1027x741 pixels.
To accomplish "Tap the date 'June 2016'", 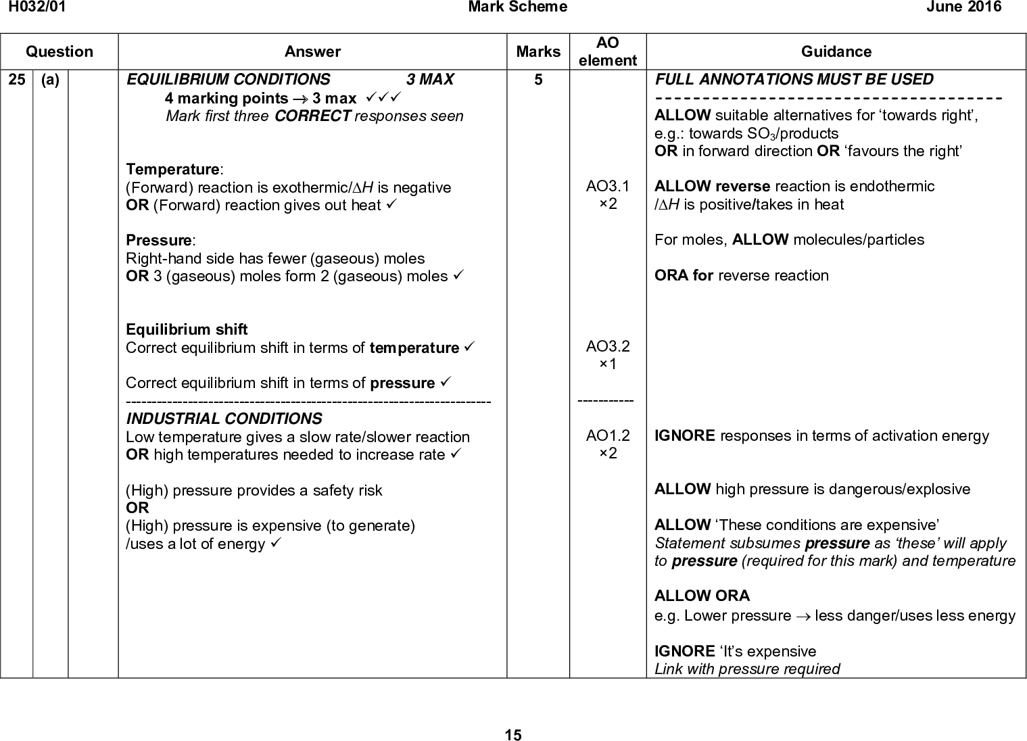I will [x=969, y=7].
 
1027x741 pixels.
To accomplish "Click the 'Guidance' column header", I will [x=836, y=51].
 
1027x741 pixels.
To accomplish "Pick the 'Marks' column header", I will [x=538, y=51].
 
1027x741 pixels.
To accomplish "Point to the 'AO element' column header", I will [x=608, y=51].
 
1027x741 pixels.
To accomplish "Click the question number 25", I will [x=16, y=80].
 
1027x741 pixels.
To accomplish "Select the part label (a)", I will [x=49, y=80].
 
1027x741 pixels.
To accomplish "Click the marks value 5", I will [x=538, y=80].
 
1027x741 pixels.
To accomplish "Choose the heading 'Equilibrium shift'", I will [x=187, y=329].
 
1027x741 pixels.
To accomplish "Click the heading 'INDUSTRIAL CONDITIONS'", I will [x=224, y=419].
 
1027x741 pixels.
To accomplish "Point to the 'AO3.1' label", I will [x=608, y=186].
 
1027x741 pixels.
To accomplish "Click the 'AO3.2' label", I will [x=608, y=347].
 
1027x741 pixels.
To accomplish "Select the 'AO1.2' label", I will [x=608, y=436].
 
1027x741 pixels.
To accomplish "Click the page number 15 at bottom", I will [x=513, y=735].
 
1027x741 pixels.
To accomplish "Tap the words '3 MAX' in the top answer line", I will [x=430, y=80].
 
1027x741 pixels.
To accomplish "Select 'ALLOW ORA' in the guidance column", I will [x=702, y=596].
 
